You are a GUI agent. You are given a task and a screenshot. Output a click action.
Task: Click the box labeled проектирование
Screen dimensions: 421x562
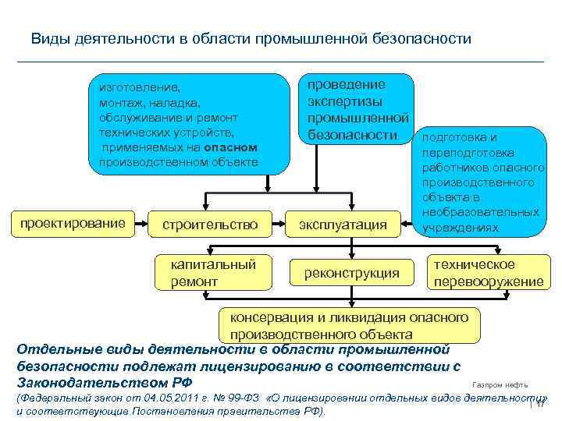point(73,224)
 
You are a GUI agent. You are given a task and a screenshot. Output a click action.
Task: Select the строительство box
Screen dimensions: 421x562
point(209,225)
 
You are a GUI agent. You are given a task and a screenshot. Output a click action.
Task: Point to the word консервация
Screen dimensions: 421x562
point(270,317)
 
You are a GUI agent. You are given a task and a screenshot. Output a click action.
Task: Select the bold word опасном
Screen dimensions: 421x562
point(231,147)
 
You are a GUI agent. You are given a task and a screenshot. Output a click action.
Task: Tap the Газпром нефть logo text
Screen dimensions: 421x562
point(507,384)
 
